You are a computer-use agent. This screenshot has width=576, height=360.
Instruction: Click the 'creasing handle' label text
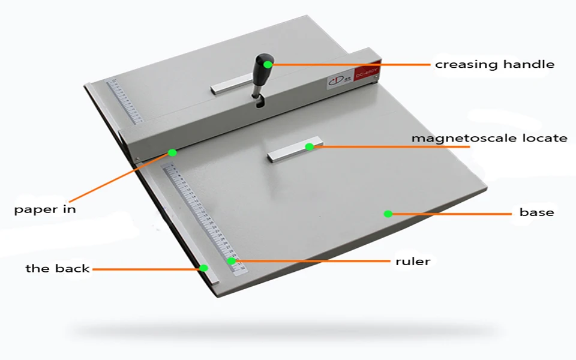(494, 64)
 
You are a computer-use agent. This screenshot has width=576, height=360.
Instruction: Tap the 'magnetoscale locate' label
(489, 138)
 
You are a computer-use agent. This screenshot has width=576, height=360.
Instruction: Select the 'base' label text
(536, 212)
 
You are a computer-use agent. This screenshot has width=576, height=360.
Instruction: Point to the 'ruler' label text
(413, 261)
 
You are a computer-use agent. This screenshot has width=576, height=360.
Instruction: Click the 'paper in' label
(45, 209)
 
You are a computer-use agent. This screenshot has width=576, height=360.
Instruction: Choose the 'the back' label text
(58, 268)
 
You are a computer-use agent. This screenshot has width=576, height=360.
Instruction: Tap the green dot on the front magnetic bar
(310, 146)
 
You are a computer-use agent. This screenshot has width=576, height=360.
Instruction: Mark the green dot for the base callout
(388, 214)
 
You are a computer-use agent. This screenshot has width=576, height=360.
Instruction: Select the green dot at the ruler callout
(232, 261)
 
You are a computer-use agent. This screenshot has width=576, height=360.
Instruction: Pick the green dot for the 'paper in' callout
(172, 152)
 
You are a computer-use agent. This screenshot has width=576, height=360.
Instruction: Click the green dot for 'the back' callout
(204, 268)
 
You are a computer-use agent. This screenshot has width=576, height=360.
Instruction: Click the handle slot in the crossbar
(259, 103)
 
